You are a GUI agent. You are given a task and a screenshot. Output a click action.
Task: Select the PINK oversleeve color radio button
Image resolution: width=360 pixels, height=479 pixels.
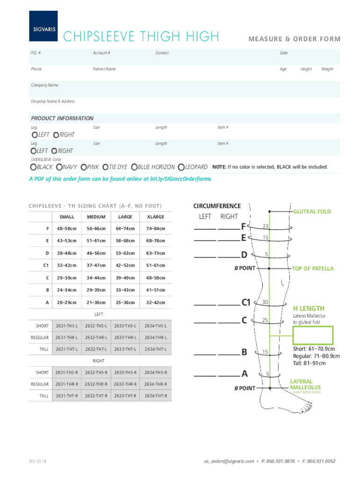84,167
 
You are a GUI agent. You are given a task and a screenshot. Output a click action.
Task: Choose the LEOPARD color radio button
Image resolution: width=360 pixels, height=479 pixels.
181,167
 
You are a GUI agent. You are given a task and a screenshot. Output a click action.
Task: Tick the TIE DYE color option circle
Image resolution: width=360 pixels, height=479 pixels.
106,167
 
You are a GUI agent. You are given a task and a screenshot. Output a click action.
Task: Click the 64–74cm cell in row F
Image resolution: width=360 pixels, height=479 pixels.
125,228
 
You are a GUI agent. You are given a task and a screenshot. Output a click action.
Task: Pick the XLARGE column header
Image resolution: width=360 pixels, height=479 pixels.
155,217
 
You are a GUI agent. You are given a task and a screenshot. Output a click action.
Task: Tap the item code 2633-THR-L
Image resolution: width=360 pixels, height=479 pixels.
125,337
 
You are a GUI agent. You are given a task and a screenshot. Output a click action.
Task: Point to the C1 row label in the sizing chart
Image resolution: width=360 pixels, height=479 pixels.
46,265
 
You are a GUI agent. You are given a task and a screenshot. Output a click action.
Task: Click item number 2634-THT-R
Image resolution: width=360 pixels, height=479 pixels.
155,396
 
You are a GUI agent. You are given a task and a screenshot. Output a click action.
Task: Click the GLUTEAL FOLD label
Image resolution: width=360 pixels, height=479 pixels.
312,211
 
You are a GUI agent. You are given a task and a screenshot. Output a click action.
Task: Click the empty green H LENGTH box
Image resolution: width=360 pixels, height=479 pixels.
313,335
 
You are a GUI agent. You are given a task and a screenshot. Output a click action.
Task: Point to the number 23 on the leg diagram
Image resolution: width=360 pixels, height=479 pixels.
265,226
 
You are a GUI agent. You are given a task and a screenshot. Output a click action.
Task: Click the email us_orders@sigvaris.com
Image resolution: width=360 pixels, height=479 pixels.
229,461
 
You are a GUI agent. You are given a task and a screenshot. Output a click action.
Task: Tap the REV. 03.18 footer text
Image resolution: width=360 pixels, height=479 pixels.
37,461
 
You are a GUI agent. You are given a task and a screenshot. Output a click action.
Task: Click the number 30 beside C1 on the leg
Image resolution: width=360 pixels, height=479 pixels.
265,302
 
